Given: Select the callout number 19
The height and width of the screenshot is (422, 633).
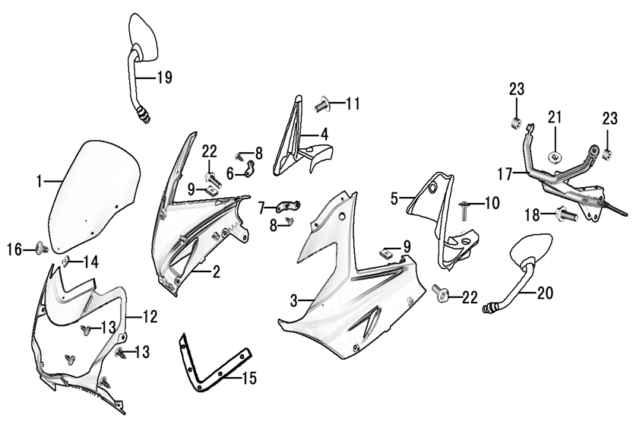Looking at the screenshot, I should pyautogui.click(x=164, y=77).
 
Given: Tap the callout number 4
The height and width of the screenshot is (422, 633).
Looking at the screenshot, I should pyautogui.click(x=324, y=135).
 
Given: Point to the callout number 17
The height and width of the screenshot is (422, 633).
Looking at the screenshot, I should pyautogui.click(x=505, y=174).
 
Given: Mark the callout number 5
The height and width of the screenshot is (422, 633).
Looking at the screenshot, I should pyautogui.click(x=394, y=199).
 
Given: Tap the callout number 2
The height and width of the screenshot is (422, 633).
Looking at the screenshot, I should pyautogui.click(x=217, y=271).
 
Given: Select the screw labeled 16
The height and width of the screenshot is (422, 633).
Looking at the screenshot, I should pyautogui.click(x=43, y=248).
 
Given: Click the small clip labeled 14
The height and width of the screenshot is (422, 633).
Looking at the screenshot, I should pyautogui.click(x=67, y=262).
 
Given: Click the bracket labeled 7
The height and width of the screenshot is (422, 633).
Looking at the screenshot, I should pyautogui.click(x=287, y=205).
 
